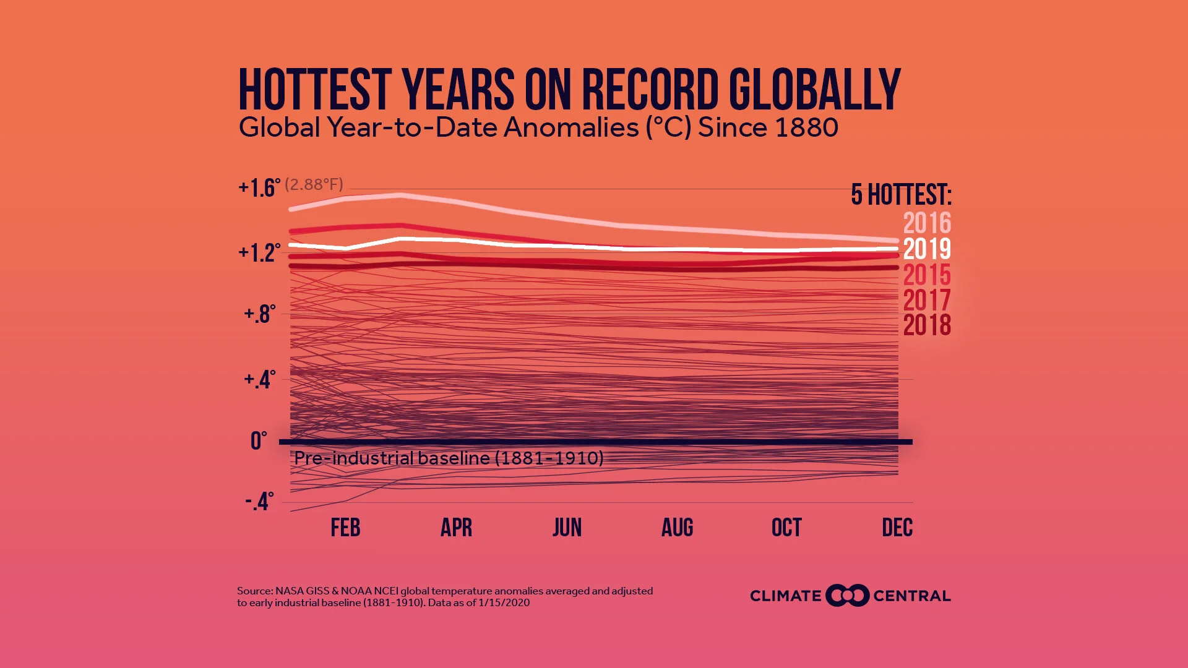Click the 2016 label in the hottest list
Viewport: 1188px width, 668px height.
click(926, 223)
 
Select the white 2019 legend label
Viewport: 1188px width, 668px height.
click(926, 249)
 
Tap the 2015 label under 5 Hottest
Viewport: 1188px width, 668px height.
click(926, 275)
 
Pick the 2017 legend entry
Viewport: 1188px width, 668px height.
click(926, 300)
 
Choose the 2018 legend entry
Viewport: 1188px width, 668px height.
click(926, 325)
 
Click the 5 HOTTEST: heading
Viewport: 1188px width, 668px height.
click(901, 195)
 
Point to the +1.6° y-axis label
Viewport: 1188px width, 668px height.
click(259, 187)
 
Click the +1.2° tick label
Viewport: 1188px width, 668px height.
click(259, 252)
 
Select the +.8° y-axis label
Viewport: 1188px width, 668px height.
click(259, 314)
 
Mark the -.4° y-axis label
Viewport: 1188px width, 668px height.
click(259, 502)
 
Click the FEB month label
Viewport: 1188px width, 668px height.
click(345, 528)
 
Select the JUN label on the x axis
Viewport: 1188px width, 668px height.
click(567, 528)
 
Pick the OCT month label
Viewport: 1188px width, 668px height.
click(786, 528)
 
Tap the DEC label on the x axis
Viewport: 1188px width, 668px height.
click(897, 528)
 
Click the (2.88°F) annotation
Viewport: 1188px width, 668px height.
click(314, 184)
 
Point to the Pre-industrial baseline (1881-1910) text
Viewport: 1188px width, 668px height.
click(449, 458)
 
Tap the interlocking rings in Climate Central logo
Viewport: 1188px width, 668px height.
click(847, 596)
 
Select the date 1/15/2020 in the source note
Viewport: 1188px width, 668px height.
click(504, 603)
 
